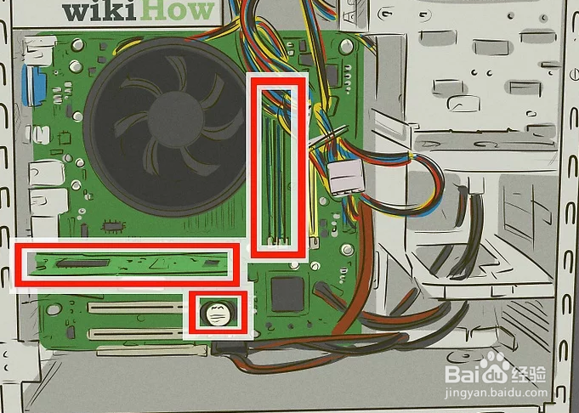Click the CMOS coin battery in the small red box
(217, 315)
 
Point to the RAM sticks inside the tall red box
(276, 165)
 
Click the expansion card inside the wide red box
(128, 264)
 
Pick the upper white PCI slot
(136, 309)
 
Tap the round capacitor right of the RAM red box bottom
(346, 251)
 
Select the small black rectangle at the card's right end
(210, 263)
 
